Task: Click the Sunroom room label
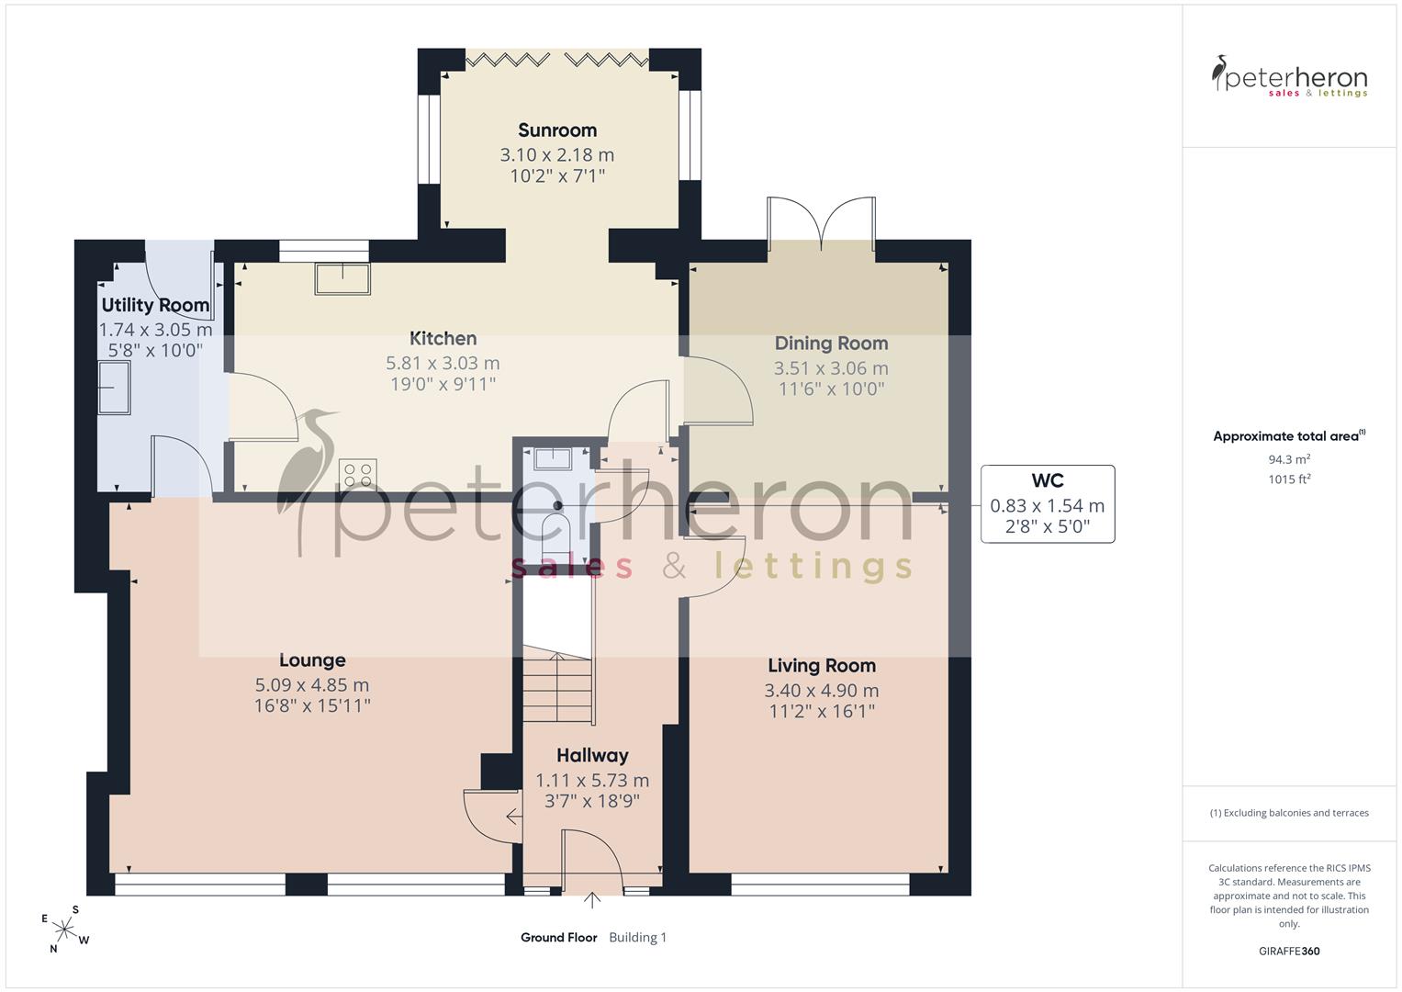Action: [x=557, y=130]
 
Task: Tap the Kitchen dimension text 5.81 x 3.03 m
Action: [x=443, y=363]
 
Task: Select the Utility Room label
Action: [x=155, y=305]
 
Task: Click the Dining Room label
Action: [x=831, y=344]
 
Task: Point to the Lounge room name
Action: [x=312, y=660]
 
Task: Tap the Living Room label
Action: [x=822, y=666]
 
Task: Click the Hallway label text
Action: [x=592, y=756]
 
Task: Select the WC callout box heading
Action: [x=1047, y=480]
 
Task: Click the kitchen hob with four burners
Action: [x=358, y=474]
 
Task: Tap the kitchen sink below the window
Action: [x=342, y=278]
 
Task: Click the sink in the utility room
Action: [x=114, y=388]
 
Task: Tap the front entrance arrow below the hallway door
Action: [x=591, y=900]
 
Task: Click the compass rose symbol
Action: [x=65, y=929]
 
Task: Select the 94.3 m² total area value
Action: [x=1289, y=459]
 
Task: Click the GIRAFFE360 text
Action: [x=1289, y=951]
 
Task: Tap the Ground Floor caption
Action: [x=559, y=937]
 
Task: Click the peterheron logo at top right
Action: [x=1289, y=76]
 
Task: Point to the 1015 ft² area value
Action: [x=1289, y=479]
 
